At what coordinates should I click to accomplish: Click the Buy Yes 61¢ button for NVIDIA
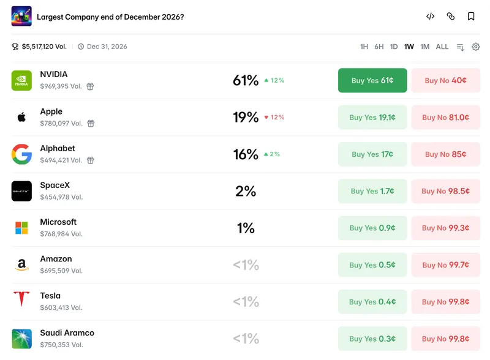tap(372, 80)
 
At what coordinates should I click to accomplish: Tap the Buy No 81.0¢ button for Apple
tap(446, 117)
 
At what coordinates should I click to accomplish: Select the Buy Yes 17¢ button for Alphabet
tap(372, 154)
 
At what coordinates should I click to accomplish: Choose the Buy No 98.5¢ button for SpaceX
tap(446, 191)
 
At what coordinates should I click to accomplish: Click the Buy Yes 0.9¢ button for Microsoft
tap(372, 228)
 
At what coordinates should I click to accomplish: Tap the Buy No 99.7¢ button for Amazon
tap(446, 264)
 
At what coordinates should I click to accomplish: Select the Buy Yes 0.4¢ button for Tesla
tap(372, 302)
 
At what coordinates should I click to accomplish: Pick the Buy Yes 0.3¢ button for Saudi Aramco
tap(372, 339)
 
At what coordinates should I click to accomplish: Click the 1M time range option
tap(424, 47)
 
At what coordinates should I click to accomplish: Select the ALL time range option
tap(442, 47)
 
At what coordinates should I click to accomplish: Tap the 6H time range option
tap(379, 47)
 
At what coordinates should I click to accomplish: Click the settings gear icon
tap(476, 47)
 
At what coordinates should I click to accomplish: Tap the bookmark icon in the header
tap(471, 17)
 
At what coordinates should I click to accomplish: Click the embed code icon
tap(431, 17)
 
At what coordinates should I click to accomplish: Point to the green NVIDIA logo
tap(21, 80)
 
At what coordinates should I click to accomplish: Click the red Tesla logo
tap(21, 298)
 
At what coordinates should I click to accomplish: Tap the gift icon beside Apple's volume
tap(91, 124)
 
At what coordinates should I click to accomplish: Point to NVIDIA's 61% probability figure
tap(246, 80)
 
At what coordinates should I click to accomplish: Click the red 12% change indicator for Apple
tap(274, 117)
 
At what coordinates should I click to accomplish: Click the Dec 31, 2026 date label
tap(107, 47)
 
